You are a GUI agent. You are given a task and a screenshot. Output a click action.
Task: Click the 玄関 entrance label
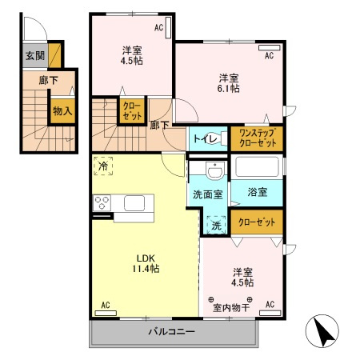pyautogui.click(x=34, y=55)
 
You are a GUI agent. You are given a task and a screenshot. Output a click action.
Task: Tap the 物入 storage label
pyautogui.click(x=62, y=111)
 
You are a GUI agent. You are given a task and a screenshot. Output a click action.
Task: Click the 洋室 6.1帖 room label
pyautogui.click(x=230, y=83)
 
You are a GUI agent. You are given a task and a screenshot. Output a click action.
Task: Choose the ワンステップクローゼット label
pyautogui.click(x=256, y=137)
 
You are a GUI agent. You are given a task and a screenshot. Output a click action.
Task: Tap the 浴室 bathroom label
pyautogui.click(x=256, y=193)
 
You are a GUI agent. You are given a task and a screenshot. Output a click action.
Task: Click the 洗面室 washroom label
pyautogui.click(x=207, y=194)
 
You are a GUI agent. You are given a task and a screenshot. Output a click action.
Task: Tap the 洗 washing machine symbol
pyautogui.click(x=214, y=226)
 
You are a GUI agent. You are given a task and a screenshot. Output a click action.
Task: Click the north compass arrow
pyautogui.click(x=322, y=330)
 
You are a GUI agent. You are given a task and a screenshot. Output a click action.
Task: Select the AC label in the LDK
pyautogui.click(x=104, y=304)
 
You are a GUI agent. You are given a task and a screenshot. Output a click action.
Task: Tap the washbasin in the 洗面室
pyautogui.click(x=214, y=171)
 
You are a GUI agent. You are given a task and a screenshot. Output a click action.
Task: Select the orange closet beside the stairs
pyautogui.click(x=130, y=110)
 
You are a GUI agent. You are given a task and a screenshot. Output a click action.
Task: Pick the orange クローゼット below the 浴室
pyautogui.click(x=256, y=222)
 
